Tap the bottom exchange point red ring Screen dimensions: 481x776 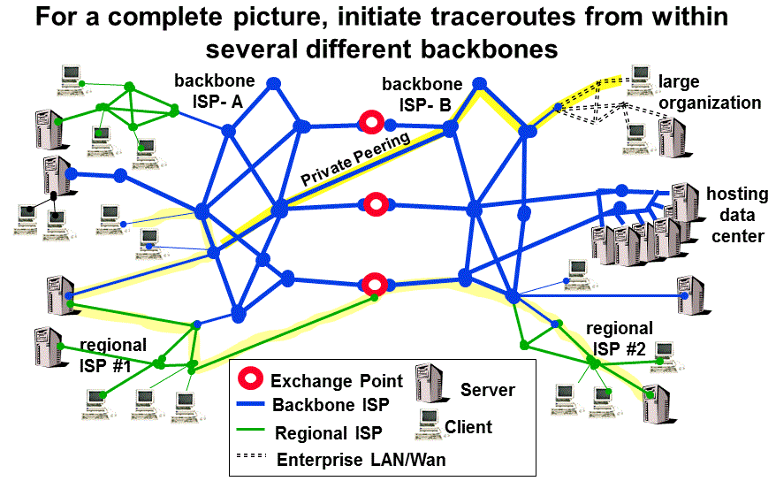376,285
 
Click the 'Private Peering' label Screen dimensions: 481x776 354,159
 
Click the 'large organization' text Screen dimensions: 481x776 709,93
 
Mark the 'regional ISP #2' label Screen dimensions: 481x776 620,340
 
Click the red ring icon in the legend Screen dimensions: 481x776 251,380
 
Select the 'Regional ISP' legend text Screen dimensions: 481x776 329,433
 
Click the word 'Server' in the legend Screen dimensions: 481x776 487,389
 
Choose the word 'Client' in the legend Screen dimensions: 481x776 468,427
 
